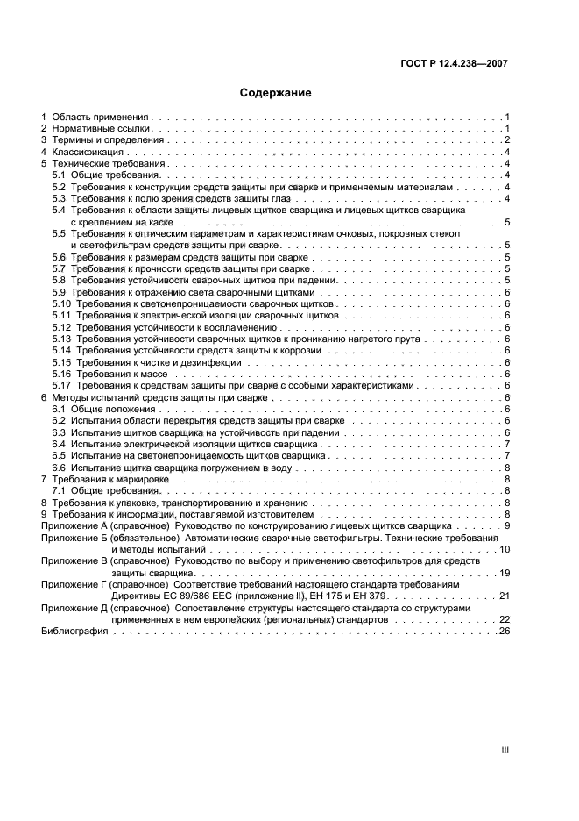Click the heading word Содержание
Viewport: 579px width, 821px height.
pos(276,92)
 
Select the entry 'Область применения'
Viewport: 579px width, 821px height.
pos(101,117)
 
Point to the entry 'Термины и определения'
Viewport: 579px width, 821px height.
pos(107,140)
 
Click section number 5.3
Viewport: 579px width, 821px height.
pos(59,199)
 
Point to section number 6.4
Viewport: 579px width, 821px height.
pos(59,445)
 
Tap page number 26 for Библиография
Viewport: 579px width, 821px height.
pos(504,631)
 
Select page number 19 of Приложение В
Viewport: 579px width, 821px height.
pos(504,572)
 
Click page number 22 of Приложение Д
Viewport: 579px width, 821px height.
pos(504,619)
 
